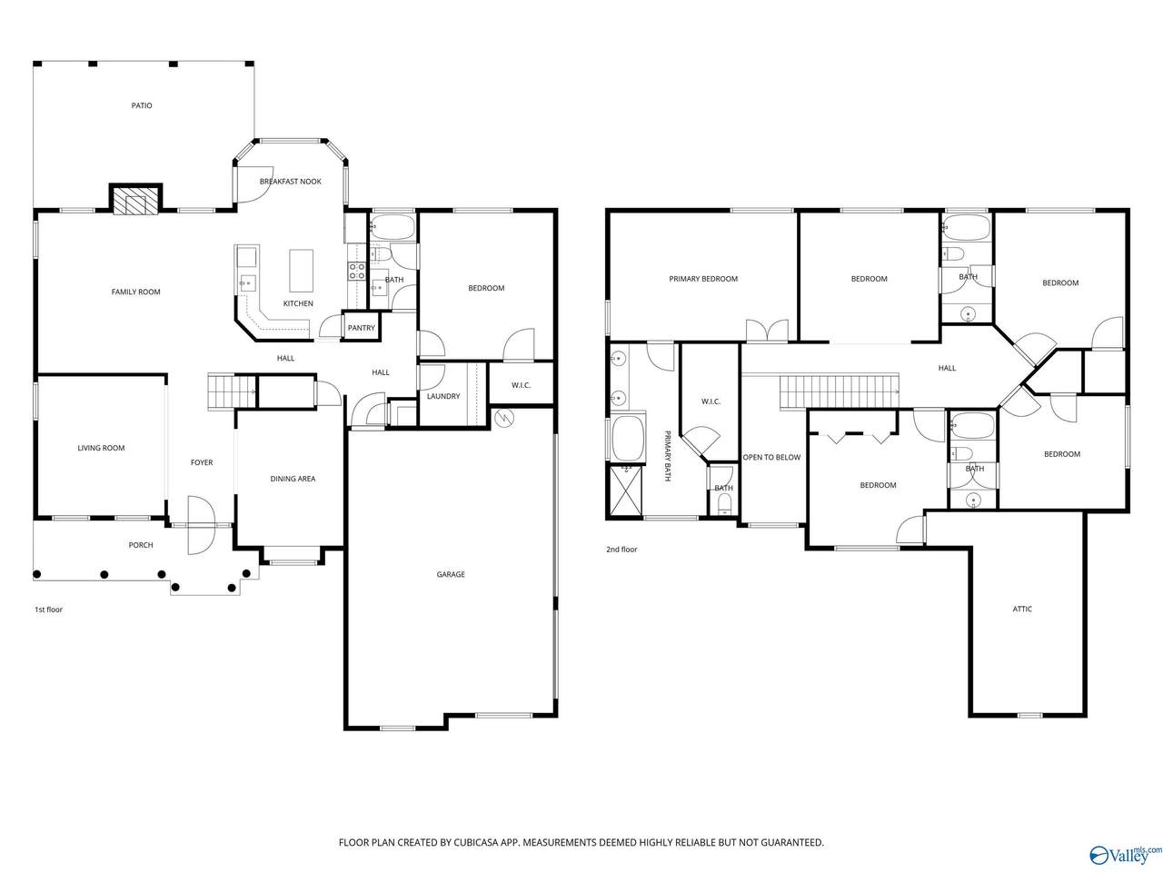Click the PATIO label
coord(142,106)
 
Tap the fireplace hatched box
coord(135,202)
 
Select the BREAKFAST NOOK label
coord(291,182)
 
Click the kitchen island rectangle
coord(301,271)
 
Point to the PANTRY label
coord(362,328)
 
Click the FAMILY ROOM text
coord(135,292)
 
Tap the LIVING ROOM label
coord(101,448)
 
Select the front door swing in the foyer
coord(202,525)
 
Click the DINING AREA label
coord(293,479)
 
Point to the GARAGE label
coord(451,574)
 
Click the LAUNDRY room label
coord(443,396)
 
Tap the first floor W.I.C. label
coord(521,385)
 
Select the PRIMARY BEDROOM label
coord(703,279)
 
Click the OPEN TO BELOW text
coord(771,457)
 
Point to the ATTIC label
coord(1022,609)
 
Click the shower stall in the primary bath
coord(626,490)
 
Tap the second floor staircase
coord(840,391)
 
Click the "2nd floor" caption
coord(621,550)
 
